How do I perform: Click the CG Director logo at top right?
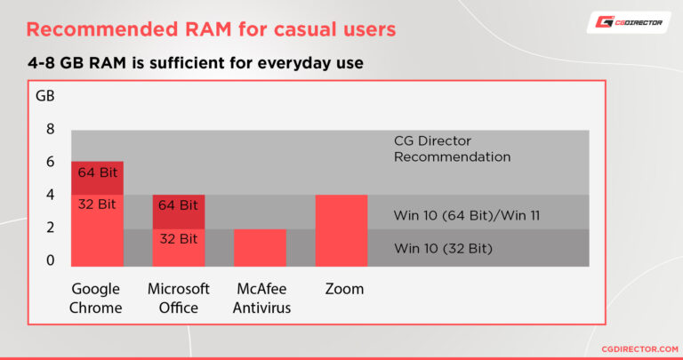tap(628, 22)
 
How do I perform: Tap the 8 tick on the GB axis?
tap(51, 129)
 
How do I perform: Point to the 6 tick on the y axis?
tap(51, 162)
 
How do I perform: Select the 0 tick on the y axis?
tap(51, 260)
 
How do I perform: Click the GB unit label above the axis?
tap(44, 95)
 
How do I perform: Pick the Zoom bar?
tap(341, 230)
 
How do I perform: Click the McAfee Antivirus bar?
tap(260, 247)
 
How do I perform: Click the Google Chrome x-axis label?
tap(97, 299)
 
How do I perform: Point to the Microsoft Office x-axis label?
tap(179, 299)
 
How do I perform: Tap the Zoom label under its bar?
tap(344, 289)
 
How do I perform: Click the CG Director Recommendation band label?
tap(452, 148)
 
